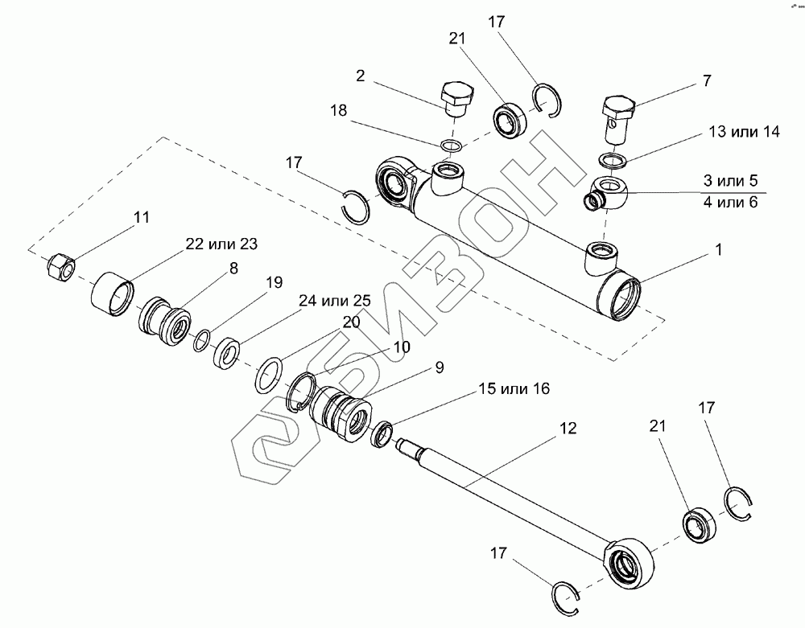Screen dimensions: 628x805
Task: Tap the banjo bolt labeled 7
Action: [618, 114]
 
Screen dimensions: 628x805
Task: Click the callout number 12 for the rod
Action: [568, 429]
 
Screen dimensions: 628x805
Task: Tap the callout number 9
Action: [440, 367]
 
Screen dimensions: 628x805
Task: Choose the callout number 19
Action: [275, 282]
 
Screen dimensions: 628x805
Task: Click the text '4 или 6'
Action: [730, 203]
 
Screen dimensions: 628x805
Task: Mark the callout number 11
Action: [142, 217]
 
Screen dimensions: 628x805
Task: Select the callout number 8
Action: [233, 269]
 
